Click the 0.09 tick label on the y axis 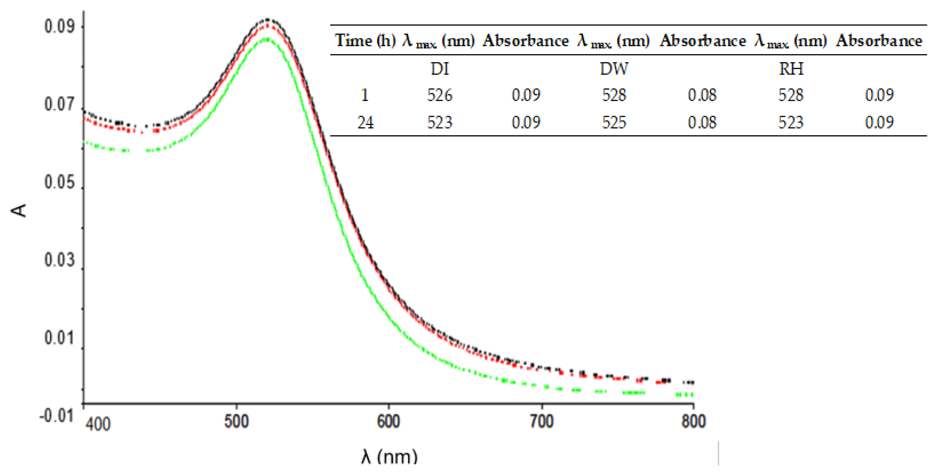pos(59,26)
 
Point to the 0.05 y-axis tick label pos(59,182)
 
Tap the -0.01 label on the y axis pos(56,415)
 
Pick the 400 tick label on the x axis pos(98,424)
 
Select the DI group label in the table pos(440,69)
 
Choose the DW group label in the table pos(614,69)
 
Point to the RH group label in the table pos(791,69)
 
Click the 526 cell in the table pos(440,95)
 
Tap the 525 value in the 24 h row pos(614,122)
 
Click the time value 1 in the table pos(365,95)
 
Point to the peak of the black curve pos(268,19)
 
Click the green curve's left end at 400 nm pos(84,141)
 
